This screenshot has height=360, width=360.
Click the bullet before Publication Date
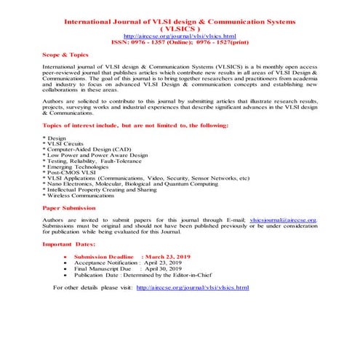[66, 276]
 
